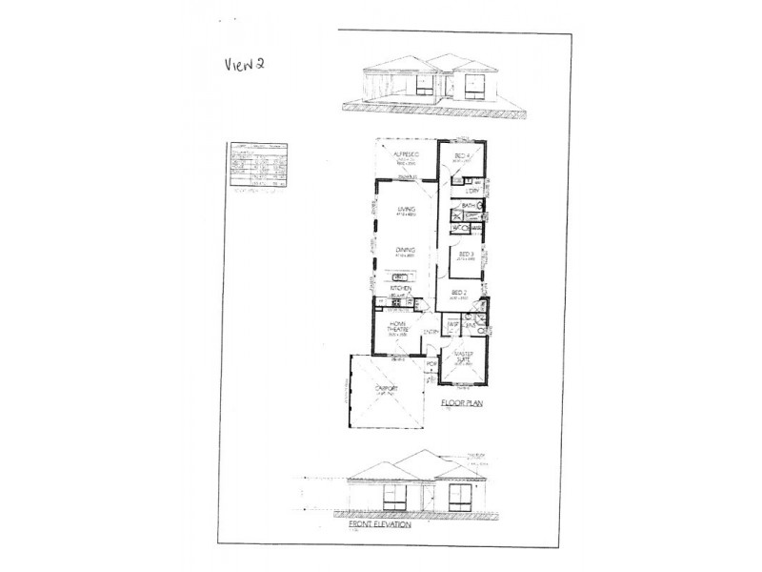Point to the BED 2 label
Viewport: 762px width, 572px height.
(457, 292)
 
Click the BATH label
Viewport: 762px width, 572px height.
(468, 205)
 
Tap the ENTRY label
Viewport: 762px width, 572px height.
(431, 331)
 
